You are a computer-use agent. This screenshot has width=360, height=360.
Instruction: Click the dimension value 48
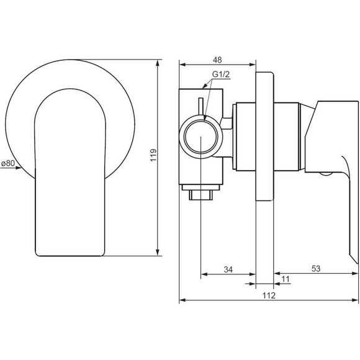tap(217, 60)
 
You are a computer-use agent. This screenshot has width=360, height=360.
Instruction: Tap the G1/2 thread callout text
tap(221, 74)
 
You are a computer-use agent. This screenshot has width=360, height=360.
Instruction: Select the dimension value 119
tap(153, 155)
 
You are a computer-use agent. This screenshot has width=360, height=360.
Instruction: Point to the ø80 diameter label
tap(8, 163)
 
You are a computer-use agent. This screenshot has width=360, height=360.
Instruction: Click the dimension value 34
tap(228, 269)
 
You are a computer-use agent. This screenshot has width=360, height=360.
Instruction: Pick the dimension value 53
tap(316, 268)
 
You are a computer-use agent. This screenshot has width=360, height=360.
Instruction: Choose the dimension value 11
tap(286, 279)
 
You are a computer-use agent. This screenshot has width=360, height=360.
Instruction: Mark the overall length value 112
tap(269, 295)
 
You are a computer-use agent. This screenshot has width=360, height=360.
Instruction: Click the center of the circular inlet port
tap(200, 137)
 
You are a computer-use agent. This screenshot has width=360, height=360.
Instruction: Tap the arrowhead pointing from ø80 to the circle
tap(19, 168)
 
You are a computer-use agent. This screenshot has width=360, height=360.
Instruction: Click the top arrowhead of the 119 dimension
tap(158, 63)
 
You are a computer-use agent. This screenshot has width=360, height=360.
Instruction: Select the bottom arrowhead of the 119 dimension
tap(158, 253)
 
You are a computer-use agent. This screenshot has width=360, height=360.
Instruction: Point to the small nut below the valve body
tap(201, 196)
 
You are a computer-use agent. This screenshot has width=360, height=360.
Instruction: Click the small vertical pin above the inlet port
tap(201, 107)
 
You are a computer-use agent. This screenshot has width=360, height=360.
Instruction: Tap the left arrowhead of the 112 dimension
tap(182, 300)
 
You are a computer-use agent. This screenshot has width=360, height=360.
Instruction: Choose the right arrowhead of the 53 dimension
tap(355, 273)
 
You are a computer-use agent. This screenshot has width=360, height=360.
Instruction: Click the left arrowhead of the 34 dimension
tap(204, 274)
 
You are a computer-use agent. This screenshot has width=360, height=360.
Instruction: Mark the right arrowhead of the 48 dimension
tap(253, 65)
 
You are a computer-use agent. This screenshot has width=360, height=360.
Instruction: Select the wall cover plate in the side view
tap(264, 137)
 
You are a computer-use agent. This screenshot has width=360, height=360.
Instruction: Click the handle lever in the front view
tap(70, 172)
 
